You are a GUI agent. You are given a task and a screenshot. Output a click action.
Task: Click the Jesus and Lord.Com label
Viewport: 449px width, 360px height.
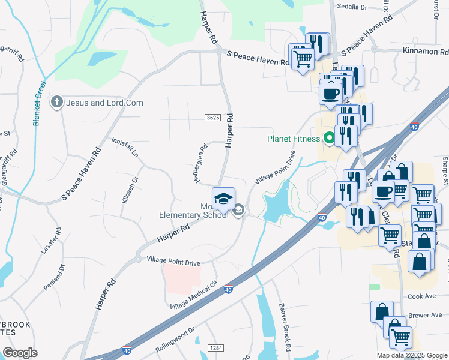point(104,103)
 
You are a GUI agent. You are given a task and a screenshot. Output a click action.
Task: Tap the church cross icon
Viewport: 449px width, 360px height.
point(57,102)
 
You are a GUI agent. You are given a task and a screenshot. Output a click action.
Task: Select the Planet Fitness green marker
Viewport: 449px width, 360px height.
point(328,139)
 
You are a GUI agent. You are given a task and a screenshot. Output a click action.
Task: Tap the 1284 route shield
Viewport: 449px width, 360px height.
point(216,348)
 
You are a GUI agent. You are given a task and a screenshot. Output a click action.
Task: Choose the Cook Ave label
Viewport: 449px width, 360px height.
point(420,296)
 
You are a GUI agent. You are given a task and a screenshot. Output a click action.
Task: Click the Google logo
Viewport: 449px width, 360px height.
point(20,353)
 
